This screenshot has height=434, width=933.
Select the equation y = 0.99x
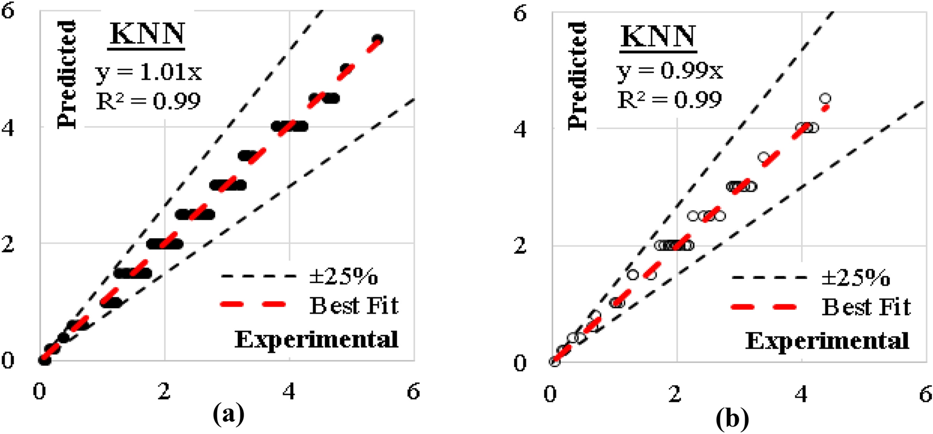669,71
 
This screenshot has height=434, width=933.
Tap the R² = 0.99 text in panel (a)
148,100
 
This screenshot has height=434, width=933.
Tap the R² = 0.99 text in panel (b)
669,99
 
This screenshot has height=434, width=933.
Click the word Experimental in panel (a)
316,339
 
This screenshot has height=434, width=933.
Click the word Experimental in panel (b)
827,341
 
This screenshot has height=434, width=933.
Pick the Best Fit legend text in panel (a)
354,305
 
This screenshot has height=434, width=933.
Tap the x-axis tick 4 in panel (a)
289,392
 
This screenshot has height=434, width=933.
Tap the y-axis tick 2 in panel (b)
520,246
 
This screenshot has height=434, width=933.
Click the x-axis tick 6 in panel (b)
926,394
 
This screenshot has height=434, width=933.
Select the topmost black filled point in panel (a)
378,40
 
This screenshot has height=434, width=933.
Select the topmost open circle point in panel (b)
825,99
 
